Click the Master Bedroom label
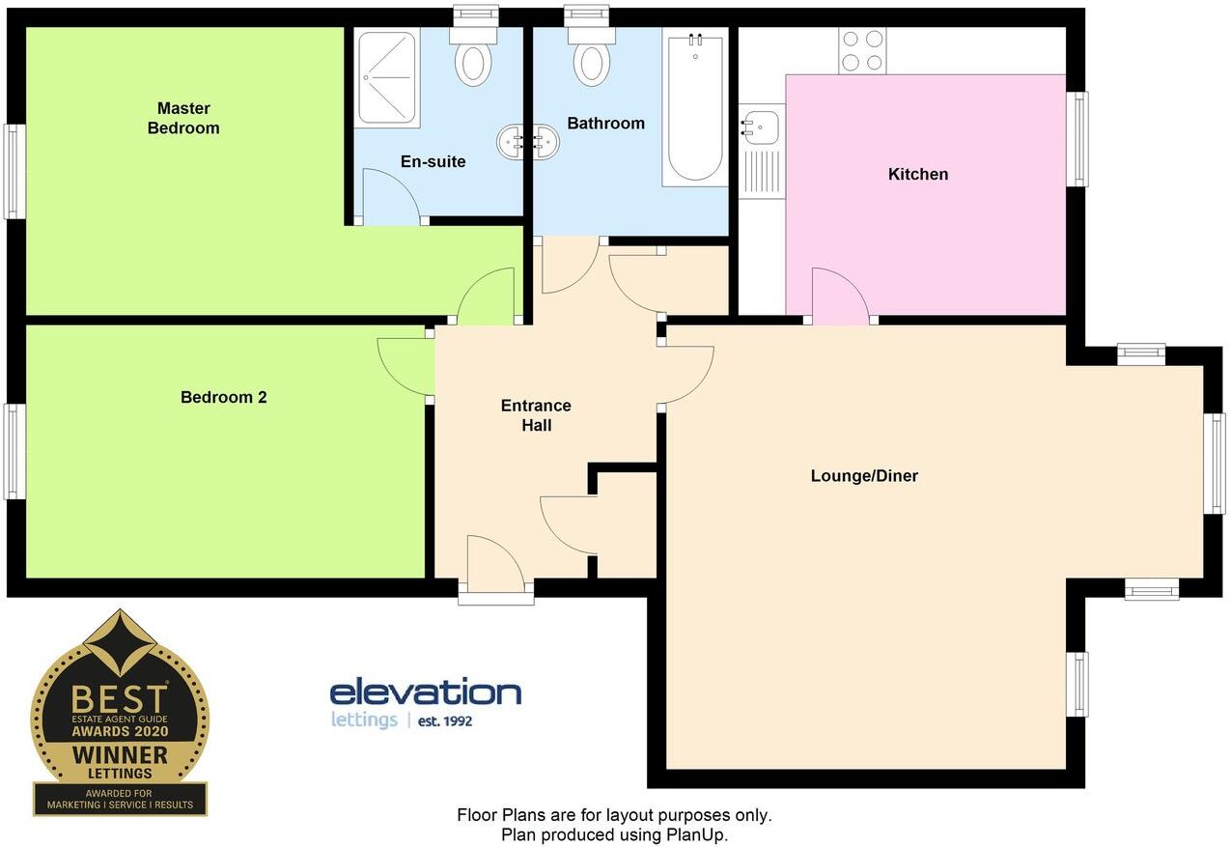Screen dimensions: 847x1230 click(x=183, y=118)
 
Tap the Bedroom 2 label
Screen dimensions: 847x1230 click(x=223, y=397)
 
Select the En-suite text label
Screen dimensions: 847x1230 click(x=433, y=161)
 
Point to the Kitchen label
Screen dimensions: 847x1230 click(x=918, y=174)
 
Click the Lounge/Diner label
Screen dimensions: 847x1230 click(x=864, y=475)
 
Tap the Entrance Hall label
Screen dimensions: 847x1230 click(x=536, y=414)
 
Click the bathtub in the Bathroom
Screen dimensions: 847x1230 click(x=694, y=108)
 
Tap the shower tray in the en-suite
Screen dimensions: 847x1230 click(x=387, y=77)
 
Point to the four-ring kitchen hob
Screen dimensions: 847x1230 click(x=862, y=51)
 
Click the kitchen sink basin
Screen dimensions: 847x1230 click(x=762, y=125)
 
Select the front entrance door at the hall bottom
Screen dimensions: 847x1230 click(x=494, y=568)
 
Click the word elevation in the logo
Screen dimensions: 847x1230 click(x=425, y=692)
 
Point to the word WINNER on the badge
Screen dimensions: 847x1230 click(x=120, y=753)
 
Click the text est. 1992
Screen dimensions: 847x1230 click(x=445, y=720)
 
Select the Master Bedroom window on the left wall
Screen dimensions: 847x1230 click(x=14, y=172)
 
